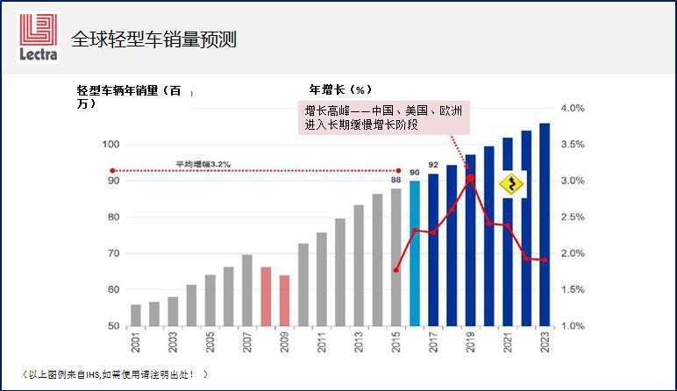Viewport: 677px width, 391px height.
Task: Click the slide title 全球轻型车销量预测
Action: click(x=153, y=39)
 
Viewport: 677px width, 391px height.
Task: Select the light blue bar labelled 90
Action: click(x=414, y=253)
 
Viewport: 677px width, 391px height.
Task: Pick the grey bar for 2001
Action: click(x=135, y=315)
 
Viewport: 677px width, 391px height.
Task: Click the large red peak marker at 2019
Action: click(x=470, y=178)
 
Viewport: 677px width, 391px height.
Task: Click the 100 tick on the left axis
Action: click(x=110, y=144)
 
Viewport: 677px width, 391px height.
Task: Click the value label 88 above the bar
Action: click(x=396, y=180)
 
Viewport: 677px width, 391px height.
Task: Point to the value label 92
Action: click(x=433, y=165)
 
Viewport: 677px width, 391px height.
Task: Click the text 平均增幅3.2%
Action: click(x=203, y=163)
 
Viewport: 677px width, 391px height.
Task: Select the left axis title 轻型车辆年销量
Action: click(x=129, y=96)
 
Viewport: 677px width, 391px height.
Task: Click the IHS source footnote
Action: click(x=114, y=374)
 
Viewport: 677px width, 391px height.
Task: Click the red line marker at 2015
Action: click(x=396, y=270)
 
